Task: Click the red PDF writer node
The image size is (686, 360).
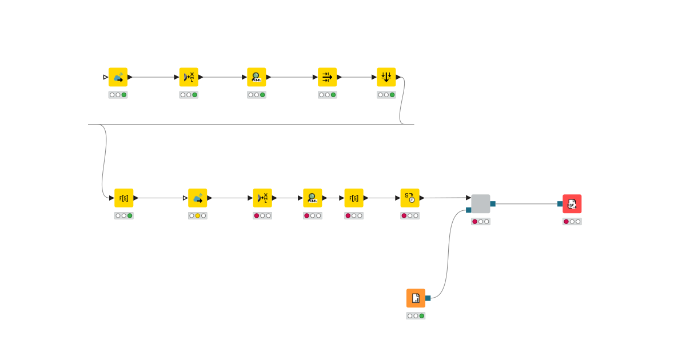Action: (572, 204)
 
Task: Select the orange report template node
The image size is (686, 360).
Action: (416, 298)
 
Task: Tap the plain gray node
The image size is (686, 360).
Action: (480, 204)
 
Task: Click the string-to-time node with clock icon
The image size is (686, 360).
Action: (410, 198)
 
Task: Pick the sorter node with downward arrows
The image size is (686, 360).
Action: (386, 77)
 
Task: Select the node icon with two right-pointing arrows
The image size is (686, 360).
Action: (327, 77)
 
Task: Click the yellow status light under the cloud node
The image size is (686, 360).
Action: (198, 216)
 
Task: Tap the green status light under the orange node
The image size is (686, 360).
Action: (422, 316)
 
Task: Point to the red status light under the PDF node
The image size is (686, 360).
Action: (566, 222)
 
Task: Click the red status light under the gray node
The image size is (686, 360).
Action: (474, 222)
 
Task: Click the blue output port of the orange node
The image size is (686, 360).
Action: (428, 298)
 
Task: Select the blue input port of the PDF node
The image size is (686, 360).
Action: (560, 204)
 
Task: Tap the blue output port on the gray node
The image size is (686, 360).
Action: (493, 204)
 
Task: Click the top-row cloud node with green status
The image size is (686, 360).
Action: (118, 77)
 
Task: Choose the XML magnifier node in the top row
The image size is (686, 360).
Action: (256, 77)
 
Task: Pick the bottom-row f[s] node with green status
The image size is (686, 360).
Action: (123, 198)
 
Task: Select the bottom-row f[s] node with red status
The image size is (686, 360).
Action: (353, 198)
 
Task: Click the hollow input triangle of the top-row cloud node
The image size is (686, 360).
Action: (105, 77)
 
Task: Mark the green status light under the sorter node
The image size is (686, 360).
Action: (392, 95)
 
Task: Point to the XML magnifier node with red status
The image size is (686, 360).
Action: (312, 198)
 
